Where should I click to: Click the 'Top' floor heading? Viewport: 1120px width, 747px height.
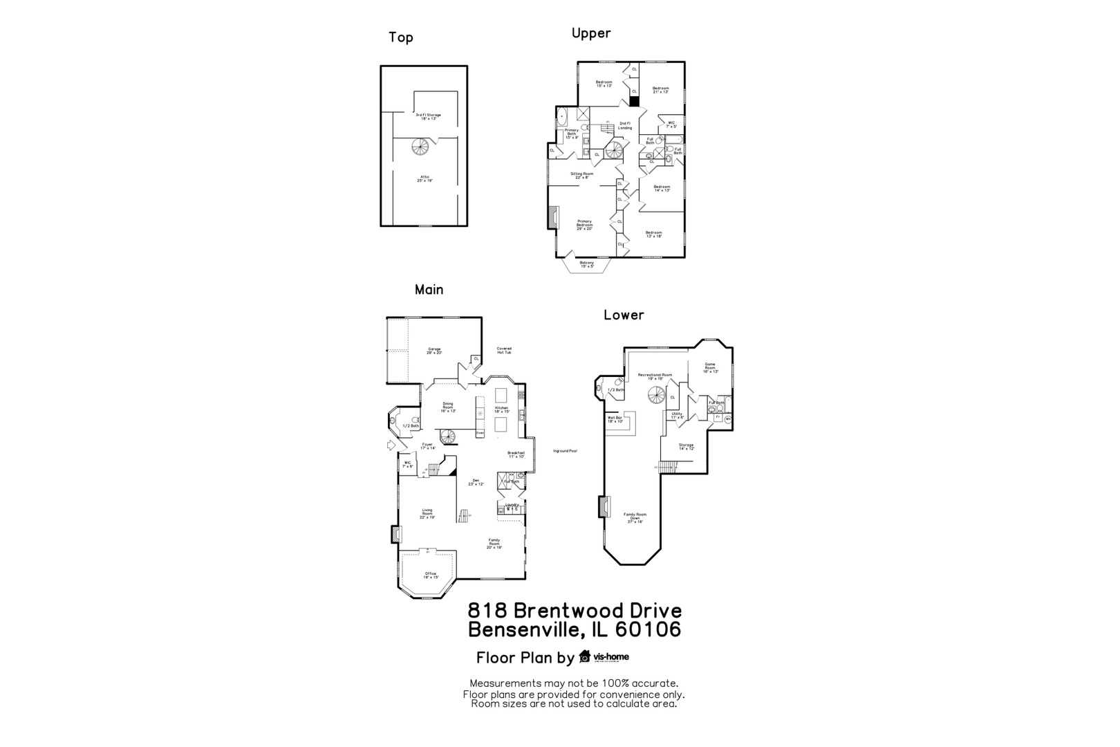point(400,37)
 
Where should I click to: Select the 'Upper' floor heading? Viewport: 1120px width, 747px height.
point(591,33)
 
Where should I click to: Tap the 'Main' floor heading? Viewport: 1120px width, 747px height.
point(429,290)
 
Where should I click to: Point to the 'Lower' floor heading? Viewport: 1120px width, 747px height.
point(624,315)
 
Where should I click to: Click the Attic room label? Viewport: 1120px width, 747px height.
point(424,178)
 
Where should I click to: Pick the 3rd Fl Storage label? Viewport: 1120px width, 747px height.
point(428,116)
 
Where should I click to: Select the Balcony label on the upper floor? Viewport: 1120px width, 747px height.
point(587,264)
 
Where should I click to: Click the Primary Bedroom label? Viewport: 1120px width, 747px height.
point(584,225)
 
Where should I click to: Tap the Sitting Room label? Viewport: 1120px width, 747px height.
point(581,176)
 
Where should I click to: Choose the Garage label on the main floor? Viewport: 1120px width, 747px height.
point(434,351)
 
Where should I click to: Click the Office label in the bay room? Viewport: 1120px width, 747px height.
point(431,575)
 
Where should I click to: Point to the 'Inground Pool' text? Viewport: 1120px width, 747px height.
point(565,451)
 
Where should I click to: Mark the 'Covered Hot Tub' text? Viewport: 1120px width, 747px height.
point(504,351)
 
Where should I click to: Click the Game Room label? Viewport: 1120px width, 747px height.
point(710,367)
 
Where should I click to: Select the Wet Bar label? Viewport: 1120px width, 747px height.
point(615,419)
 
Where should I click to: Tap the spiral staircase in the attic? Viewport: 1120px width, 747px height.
point(420,147)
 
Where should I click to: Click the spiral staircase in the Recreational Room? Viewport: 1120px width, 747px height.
point(656,396)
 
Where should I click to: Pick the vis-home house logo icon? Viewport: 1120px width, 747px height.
point(585,656)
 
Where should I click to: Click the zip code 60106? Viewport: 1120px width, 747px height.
point(646,629)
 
